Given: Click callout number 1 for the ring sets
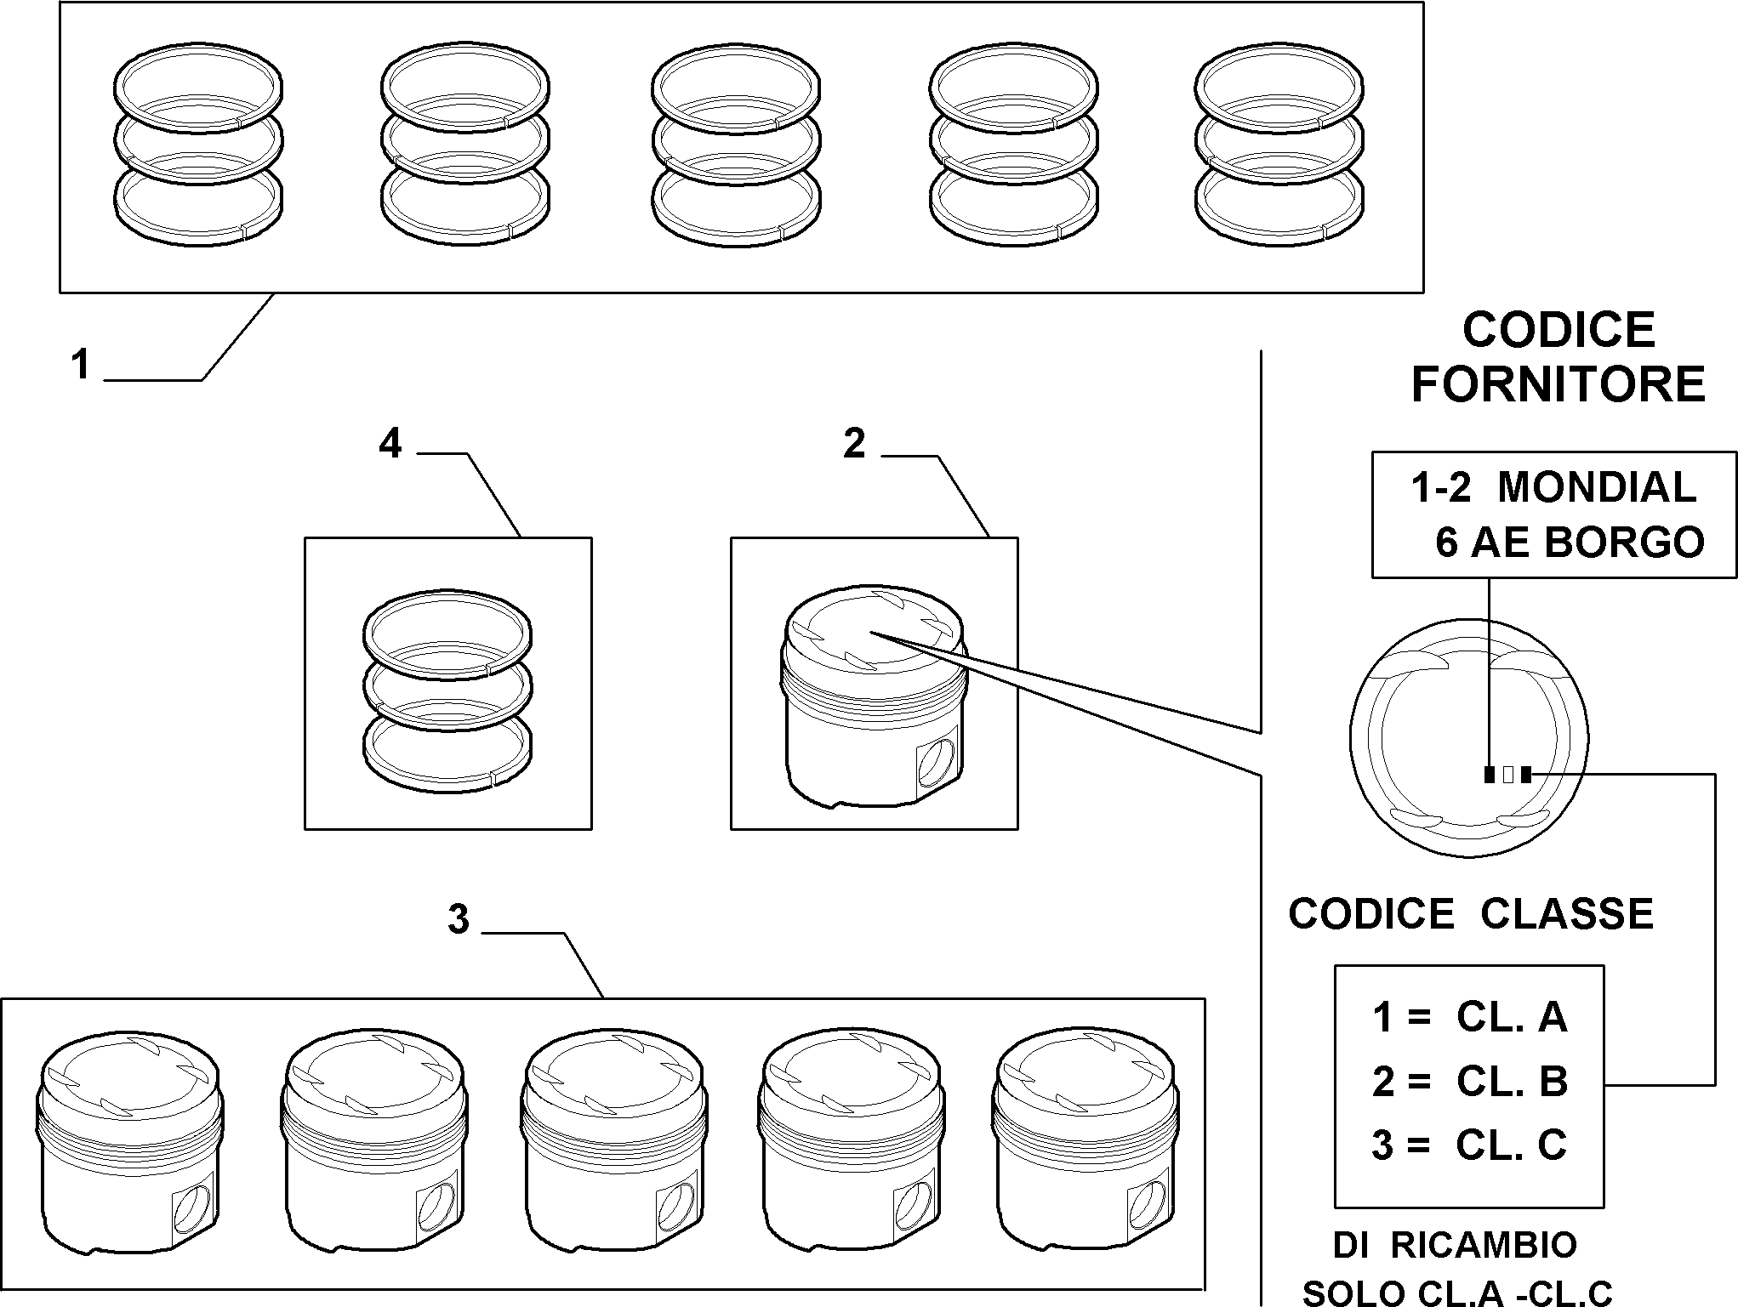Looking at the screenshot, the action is (x=81, y=366).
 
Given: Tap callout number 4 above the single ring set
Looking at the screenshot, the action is (x=390, y=444).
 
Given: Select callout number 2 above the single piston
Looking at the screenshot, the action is (x=854, y=444).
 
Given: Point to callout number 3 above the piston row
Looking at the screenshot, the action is (x=459, y=919).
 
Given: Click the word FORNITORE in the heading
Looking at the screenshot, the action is (x=1559, y=384).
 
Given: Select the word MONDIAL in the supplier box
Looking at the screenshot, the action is (x=1597, y=487).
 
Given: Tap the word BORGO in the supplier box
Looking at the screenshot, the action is (x=1624, y=542).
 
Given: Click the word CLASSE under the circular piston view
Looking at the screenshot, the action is (x=1567, y=914).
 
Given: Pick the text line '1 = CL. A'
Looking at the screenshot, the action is (x=1469, y=1016).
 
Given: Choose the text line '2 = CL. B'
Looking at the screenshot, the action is (x=1469, y=1082).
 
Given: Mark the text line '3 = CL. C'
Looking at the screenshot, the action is (x=1469, y=1145).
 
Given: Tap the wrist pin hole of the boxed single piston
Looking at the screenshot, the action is (x=937, y=763).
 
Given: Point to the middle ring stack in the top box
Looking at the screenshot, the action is (x=736, y=146).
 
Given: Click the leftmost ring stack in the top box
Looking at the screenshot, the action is (x=197, y=146).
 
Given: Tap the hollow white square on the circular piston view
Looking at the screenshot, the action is (x=1507, y=775).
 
